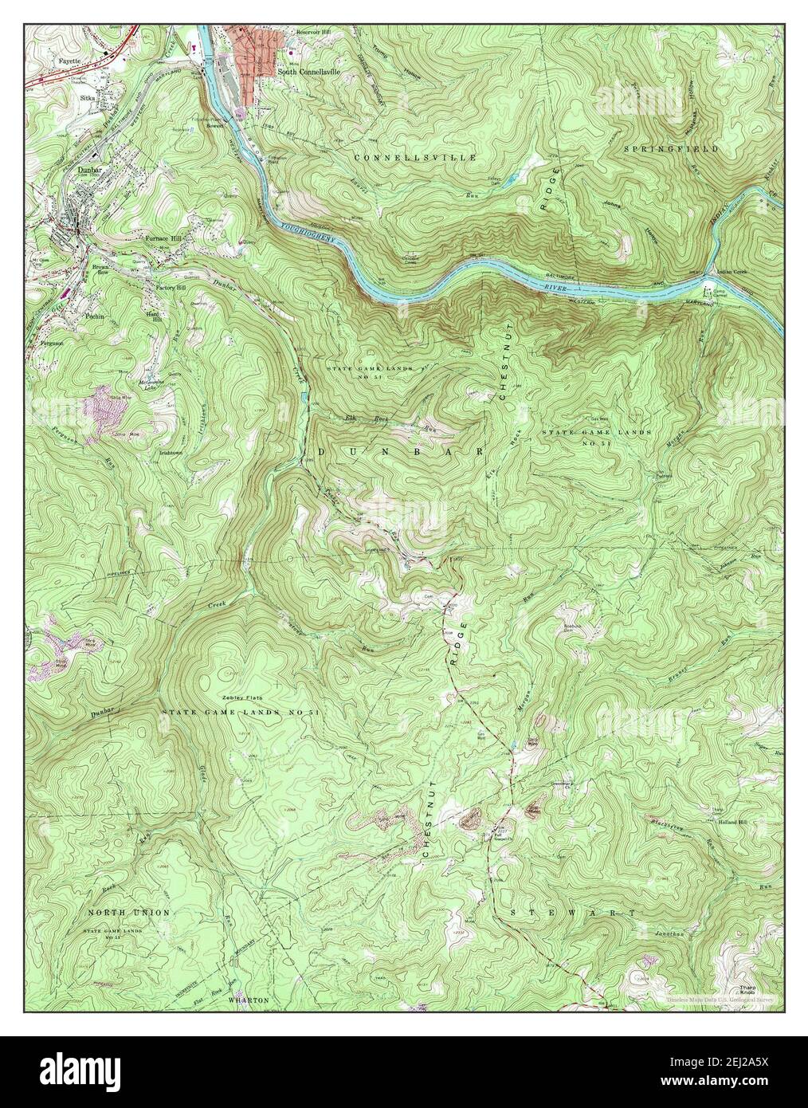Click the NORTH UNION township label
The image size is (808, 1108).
(x=117, y=911)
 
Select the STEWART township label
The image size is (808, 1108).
(x=572, y=911)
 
